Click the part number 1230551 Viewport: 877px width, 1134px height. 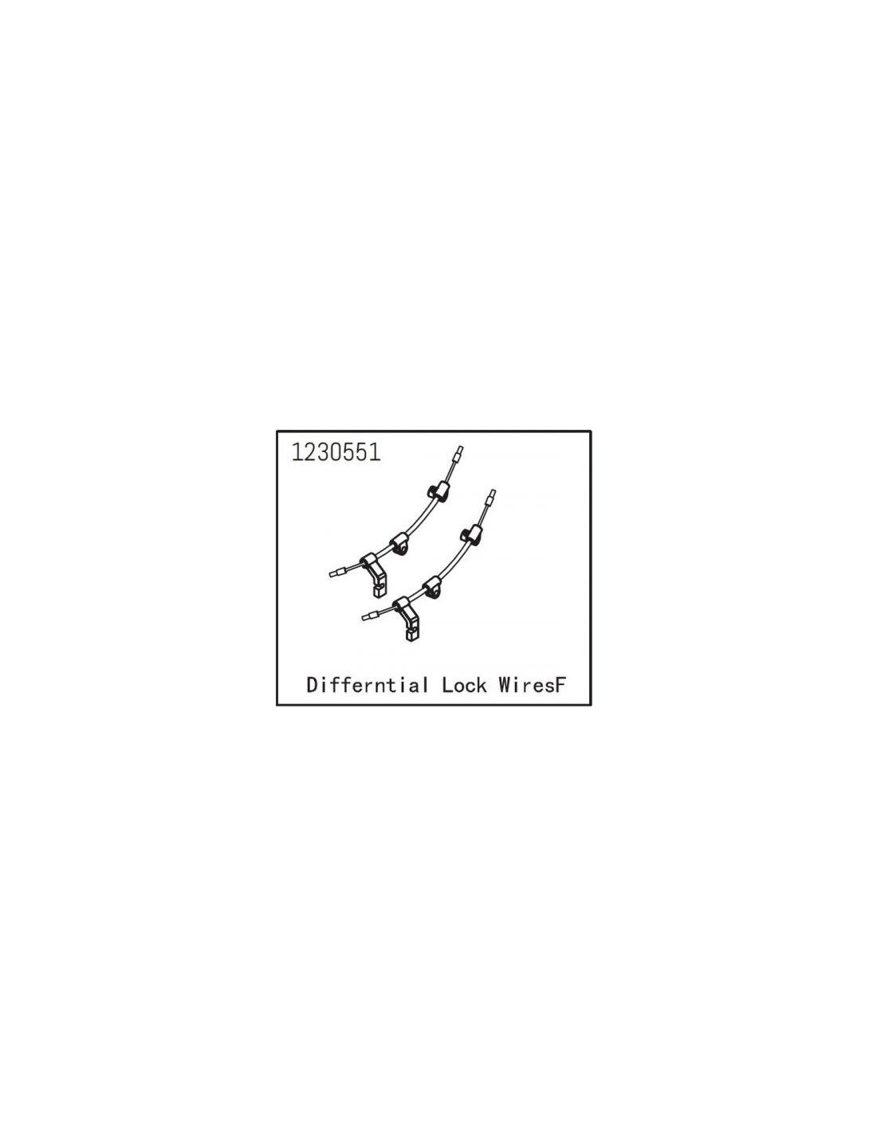[336, 452]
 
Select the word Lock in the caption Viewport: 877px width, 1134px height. [464, 684]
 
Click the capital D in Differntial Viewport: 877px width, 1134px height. [313, 684]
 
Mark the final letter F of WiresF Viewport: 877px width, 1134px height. [560, 684]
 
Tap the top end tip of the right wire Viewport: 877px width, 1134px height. [492, 491]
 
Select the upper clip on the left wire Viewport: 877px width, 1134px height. [437, 491]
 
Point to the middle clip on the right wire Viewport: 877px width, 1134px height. [432, 586]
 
